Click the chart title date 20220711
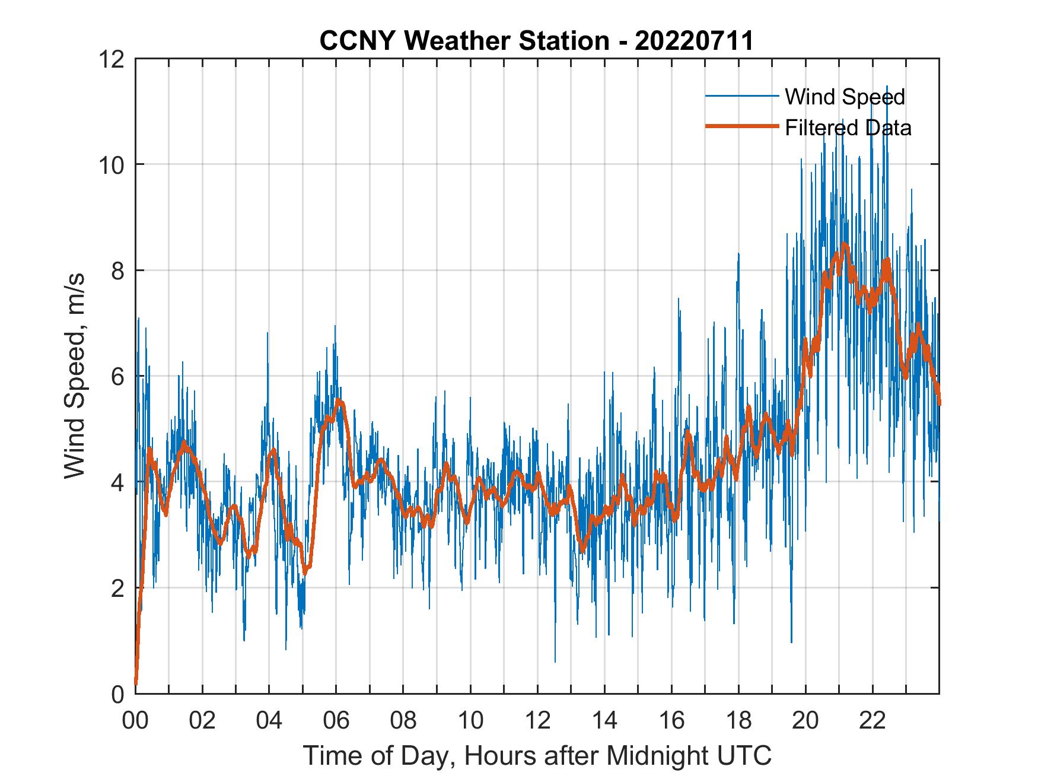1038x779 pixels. coord(694,41)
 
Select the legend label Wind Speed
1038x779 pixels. coord(845,97)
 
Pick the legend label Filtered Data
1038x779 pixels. coord(848,128)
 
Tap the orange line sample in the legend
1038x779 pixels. coord(741,127)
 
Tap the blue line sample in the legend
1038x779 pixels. coord(741,96)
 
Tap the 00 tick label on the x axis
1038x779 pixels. coord(135,721)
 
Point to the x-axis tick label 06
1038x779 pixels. coord(336,721)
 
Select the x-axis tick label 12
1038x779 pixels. coord(537,721)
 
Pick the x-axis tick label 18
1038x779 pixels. coord(738,721)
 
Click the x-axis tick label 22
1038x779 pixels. coord(873,721)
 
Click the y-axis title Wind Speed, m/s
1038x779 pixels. coord(75,376)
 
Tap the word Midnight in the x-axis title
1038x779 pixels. coord(657,756)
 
